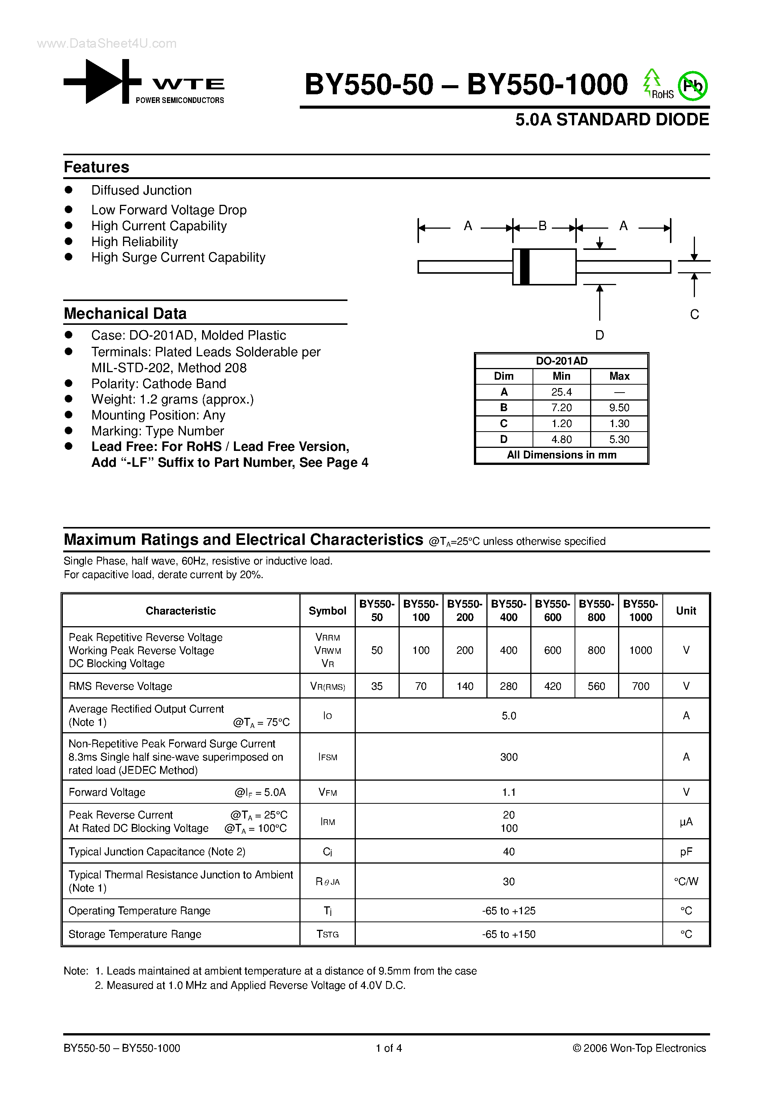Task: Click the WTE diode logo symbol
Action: point(102,81)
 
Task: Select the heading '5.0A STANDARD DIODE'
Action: point(612,120)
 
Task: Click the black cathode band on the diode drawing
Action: point(525,267)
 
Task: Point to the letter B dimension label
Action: point(542,226)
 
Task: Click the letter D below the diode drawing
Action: point(599,335)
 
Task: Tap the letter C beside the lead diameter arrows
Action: point(694,314)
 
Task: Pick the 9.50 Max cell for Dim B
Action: point(619,408)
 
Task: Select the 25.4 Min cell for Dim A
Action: point(561,392)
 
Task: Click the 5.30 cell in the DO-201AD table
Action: point(619,439)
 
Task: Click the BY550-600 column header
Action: point(553,610)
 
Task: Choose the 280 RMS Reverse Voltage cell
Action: point(509,686)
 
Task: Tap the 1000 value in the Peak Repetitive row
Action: point(640,650)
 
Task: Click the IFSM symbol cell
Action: point(327,757)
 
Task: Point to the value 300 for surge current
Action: point(509,757)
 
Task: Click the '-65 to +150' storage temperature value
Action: point(509,934)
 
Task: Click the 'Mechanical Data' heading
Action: point(125,313)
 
